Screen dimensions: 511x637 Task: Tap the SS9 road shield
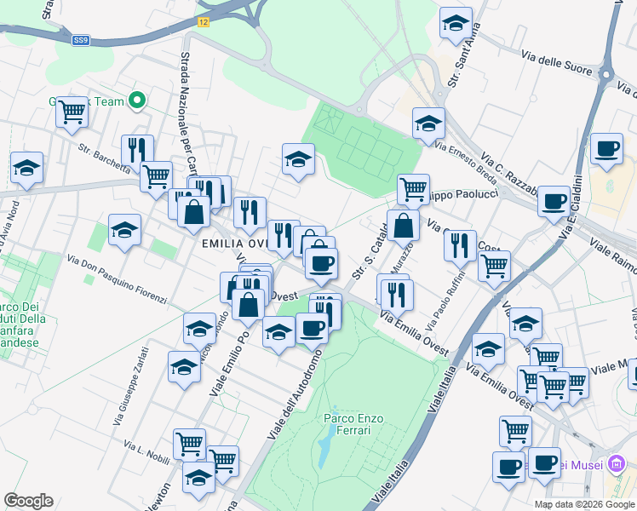point(80,40)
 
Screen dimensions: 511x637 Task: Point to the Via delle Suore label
point(556,64)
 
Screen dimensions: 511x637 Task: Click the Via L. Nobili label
point(146,451)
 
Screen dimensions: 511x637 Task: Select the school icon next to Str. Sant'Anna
point(456,23)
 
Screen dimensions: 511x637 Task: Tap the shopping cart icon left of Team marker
point(72,110)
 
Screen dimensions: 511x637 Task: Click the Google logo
point(29,501)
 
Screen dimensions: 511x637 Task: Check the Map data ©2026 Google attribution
point(585,504)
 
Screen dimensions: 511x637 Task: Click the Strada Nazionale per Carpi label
point(187,102)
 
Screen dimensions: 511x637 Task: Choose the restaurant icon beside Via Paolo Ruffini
point(460,244)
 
